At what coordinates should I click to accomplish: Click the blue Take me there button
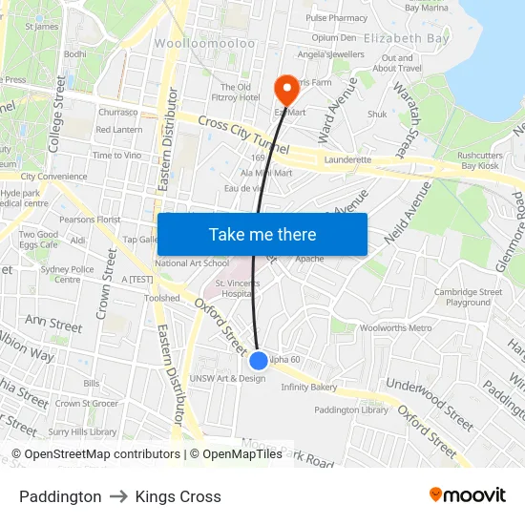262,234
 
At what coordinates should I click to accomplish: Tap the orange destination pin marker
285,90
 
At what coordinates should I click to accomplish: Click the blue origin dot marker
259,361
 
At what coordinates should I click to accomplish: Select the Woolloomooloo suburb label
205,44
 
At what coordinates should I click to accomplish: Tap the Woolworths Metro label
393,327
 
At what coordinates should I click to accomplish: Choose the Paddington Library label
351,409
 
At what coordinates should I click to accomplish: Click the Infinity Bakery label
308,388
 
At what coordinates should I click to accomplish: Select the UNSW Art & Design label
227,378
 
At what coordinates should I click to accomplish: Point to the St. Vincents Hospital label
235,289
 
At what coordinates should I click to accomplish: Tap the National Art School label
191,262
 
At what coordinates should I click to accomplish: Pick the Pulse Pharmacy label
336,18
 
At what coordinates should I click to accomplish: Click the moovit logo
468,495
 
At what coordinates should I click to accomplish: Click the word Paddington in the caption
60,496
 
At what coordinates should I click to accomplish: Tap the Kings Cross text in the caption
178,496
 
